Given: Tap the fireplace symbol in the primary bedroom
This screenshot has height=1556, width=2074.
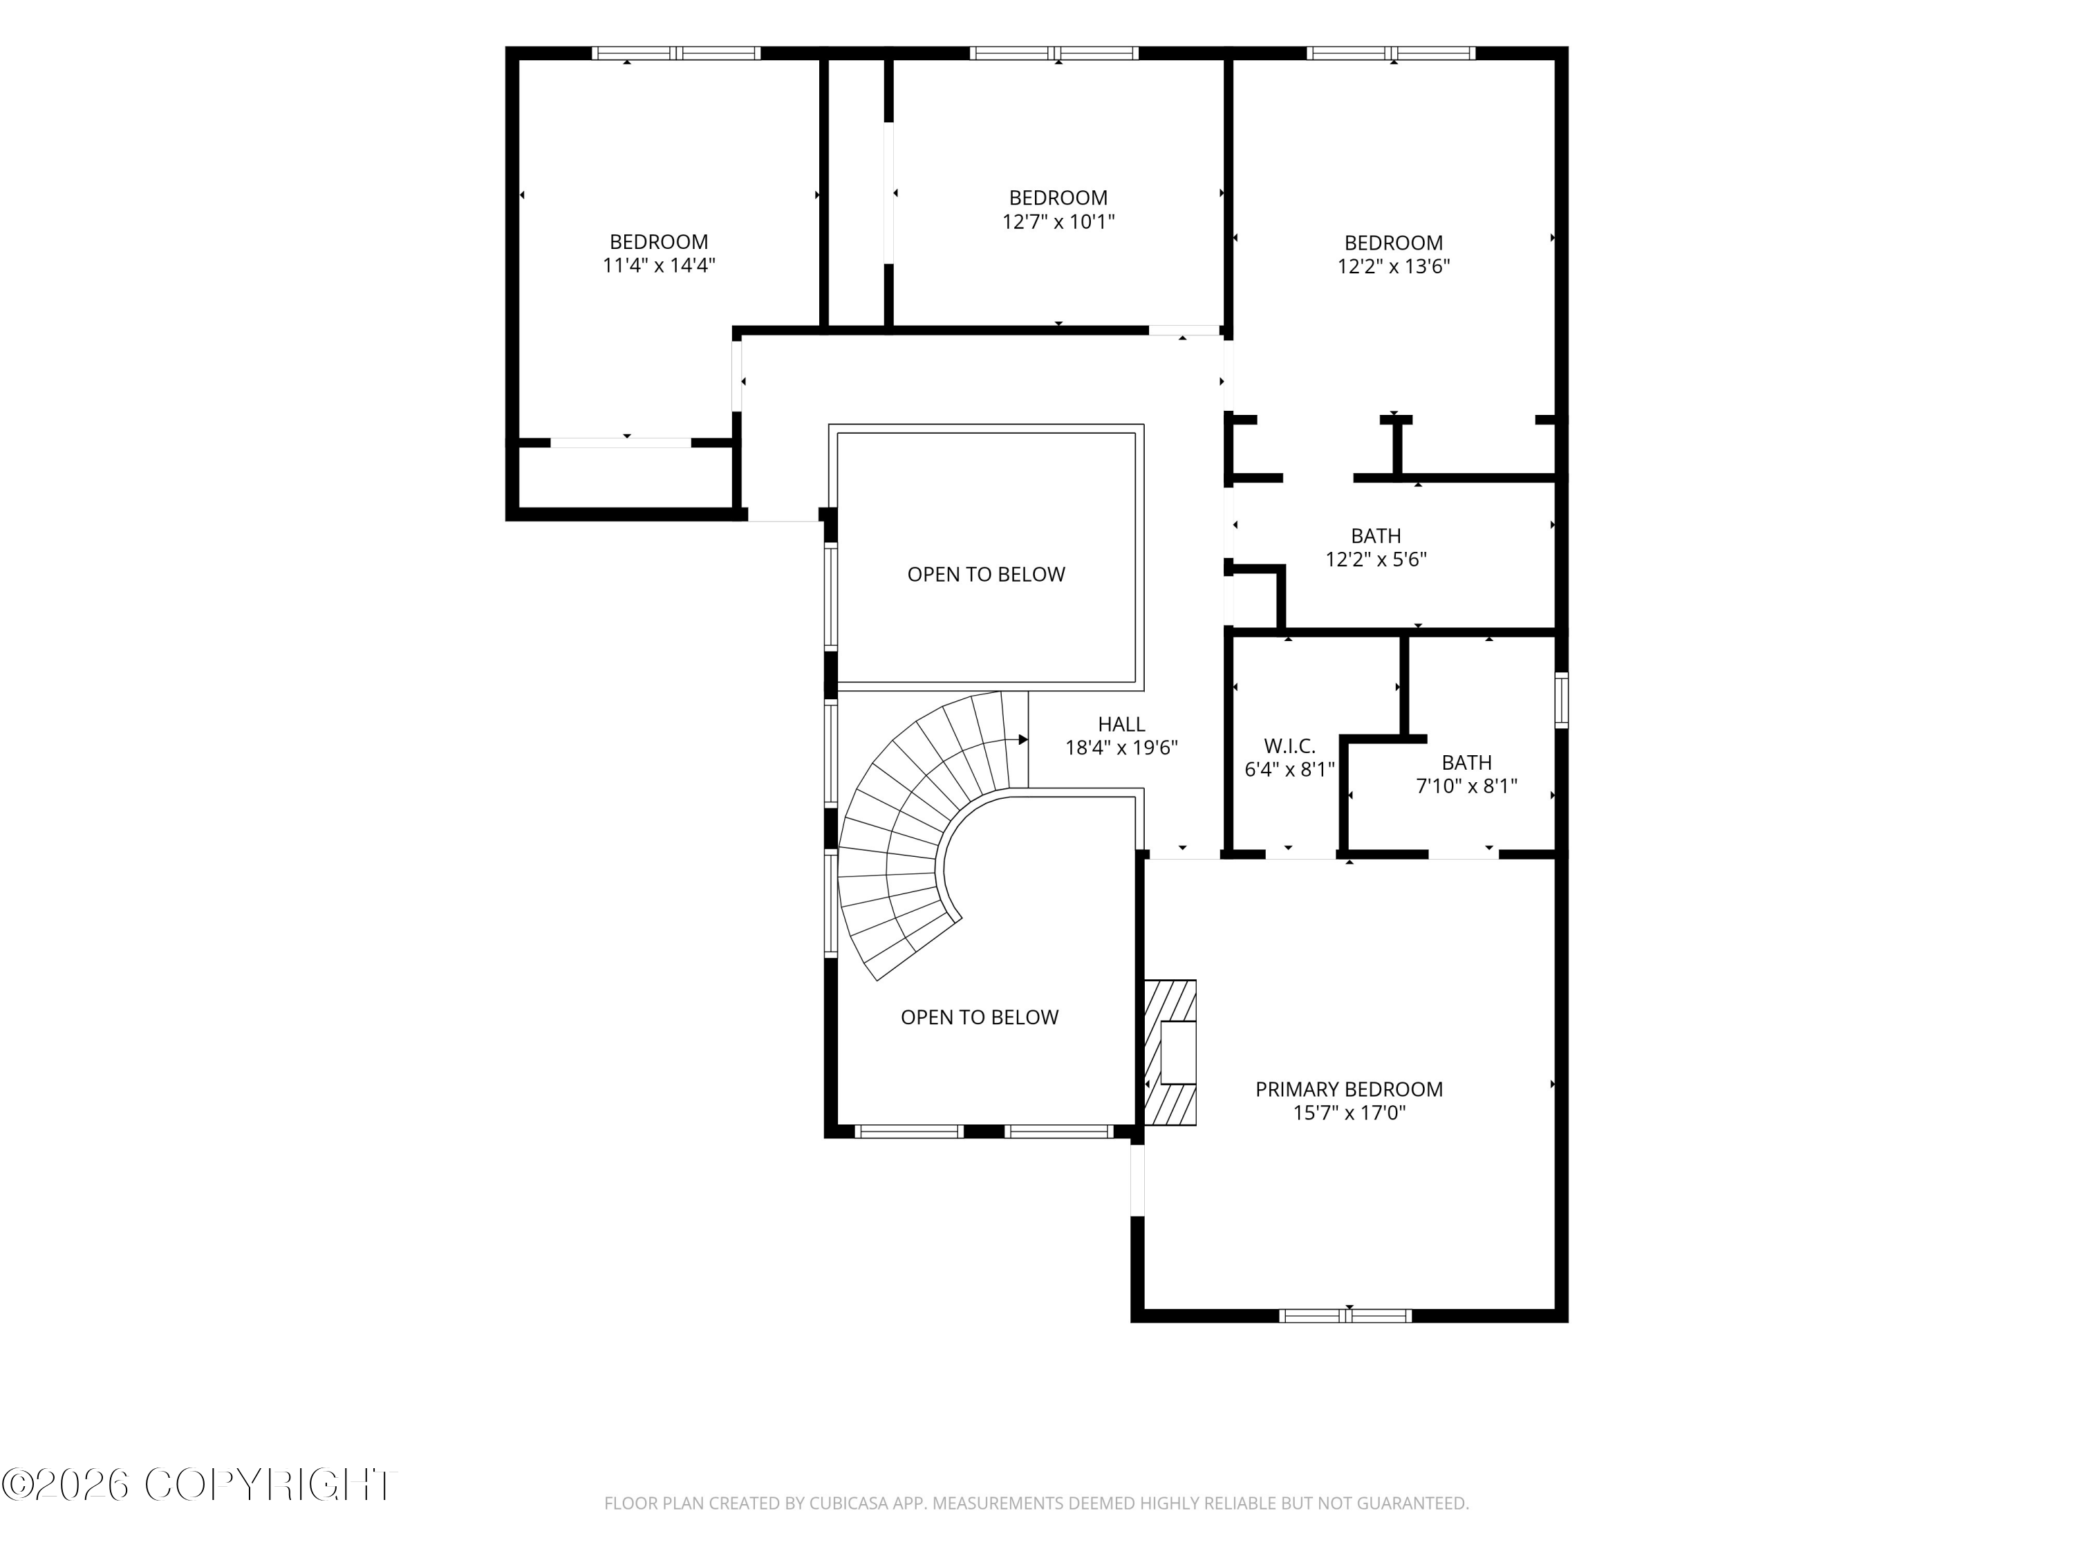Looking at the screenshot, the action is click(1170, 1053).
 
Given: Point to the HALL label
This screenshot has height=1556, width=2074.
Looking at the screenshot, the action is click(1121, 724).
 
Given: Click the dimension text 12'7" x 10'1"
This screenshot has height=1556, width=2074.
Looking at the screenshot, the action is click(1058, 221).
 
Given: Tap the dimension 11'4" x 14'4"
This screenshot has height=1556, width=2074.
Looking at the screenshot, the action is click(659, 266).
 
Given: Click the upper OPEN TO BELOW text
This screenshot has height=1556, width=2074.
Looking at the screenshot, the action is click(987, 574).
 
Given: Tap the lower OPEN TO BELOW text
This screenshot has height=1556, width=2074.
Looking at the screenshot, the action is click(980, 1017).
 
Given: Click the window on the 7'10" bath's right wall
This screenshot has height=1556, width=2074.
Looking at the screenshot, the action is click(1561, 700).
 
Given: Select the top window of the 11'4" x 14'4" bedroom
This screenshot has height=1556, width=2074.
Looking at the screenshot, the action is click(676, 53).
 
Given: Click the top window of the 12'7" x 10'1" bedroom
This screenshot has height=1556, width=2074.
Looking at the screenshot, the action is click(1054, 53).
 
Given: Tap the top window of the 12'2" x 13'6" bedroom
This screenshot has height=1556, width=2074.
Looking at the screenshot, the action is click(1392, 53).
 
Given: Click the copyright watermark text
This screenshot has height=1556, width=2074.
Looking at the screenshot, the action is click(199, 1485).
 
